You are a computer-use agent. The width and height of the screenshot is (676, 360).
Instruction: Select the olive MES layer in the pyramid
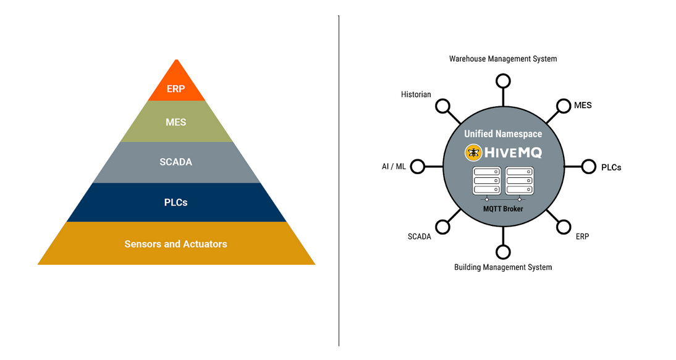coord(176,122)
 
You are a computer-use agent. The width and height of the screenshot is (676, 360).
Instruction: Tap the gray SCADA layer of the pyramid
coord(176,162)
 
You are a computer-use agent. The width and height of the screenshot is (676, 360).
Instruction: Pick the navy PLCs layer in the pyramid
coord(176,203)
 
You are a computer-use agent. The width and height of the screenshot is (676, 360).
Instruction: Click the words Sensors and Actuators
coord(176,244)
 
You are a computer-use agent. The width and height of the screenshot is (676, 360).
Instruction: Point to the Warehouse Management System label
coord(503,59)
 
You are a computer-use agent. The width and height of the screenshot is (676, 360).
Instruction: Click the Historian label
coord(416,94)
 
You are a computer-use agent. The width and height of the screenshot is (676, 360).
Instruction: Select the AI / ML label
coord(394,167)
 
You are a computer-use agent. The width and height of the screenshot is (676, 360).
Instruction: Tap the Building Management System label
coord(503,267)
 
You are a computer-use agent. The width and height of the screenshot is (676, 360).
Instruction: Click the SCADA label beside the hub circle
coord(420,237)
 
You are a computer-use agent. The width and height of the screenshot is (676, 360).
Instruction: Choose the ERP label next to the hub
coord(582,237)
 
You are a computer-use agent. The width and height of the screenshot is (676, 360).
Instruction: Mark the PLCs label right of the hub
coord(611,167)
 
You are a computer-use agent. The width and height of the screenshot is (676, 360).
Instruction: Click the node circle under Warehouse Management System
coord(503,81)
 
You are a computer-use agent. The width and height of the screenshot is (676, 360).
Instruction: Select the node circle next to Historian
coord(442,106)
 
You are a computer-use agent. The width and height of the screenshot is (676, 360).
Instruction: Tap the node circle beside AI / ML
coord(418,167)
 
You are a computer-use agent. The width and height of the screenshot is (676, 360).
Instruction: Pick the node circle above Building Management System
coord(503,252)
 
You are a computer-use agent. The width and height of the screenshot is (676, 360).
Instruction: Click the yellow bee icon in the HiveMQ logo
coord(473,153)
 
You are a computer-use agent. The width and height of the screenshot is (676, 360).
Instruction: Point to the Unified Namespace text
coord(503,134)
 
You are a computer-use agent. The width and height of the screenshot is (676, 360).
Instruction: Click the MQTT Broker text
coord(503,209)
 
